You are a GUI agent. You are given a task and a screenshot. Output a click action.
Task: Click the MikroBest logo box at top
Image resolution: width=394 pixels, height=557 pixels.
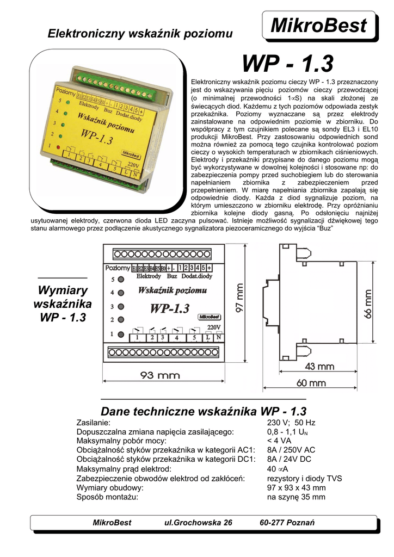(x=319, y=25)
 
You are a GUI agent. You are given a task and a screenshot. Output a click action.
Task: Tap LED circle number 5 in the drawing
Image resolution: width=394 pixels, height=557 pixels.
(x=121, y=280)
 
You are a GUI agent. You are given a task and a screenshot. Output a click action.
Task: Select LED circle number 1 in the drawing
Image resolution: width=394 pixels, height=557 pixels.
(x=121, y=333)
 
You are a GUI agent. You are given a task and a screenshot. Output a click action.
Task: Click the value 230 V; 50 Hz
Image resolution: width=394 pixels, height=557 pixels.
(x=291, y=423)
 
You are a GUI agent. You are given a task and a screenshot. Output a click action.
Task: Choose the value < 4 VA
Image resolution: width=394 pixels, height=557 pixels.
(x=279, y=441)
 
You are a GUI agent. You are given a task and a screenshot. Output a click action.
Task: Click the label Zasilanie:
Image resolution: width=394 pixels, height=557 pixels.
(x=94, y=423)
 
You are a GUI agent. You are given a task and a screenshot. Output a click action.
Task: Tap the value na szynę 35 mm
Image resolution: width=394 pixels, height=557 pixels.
(x=296, y=497)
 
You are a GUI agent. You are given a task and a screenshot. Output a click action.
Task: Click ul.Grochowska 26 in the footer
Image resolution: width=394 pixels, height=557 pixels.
(x=198, y=523)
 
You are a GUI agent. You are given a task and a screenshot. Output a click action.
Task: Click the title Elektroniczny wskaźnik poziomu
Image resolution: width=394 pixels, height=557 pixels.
(x=140, y=34)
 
